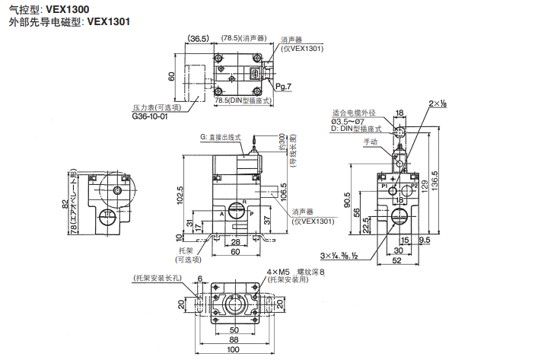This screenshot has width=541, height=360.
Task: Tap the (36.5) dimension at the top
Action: (199, 39)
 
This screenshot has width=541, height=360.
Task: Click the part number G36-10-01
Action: (149, 116)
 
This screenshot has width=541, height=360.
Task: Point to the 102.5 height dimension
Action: (180, 193)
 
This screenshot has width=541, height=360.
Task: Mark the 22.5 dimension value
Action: (366, 226)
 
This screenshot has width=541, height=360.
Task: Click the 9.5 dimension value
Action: (423, 240)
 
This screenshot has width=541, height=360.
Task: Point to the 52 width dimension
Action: (396, 261)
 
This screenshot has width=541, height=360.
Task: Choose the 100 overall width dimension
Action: (233, 349)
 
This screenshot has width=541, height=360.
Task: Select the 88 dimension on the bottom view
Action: (233, 339)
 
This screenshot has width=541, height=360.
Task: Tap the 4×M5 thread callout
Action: (278, 272)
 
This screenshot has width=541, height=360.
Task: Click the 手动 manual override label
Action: (371, 142)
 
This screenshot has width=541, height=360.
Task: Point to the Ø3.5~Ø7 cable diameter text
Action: (349, 122)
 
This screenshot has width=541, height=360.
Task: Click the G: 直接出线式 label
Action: (220, 137)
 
